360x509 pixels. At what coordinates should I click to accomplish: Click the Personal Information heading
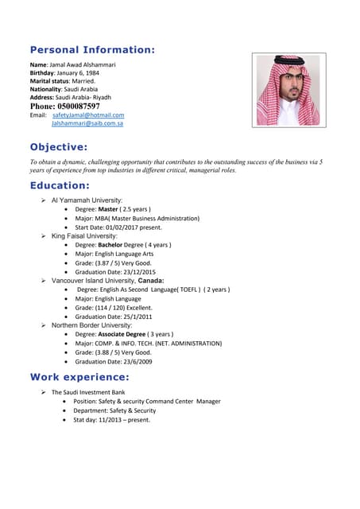point(92,50)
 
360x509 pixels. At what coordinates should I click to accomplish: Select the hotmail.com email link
point(88,115)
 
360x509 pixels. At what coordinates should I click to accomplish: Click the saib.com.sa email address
point(87,124)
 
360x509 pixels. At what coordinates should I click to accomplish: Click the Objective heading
point(59,147)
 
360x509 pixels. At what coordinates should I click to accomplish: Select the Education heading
point(60,185)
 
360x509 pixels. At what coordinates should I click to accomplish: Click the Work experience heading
point(79,376)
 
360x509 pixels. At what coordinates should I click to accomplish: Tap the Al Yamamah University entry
point(87,200)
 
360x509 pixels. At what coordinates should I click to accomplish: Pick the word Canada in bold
point(151,281)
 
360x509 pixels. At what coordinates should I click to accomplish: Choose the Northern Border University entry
point(91,325)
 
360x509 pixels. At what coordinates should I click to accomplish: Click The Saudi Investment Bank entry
point(88,392)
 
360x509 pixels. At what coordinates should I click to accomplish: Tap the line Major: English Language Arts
point(118,254)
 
